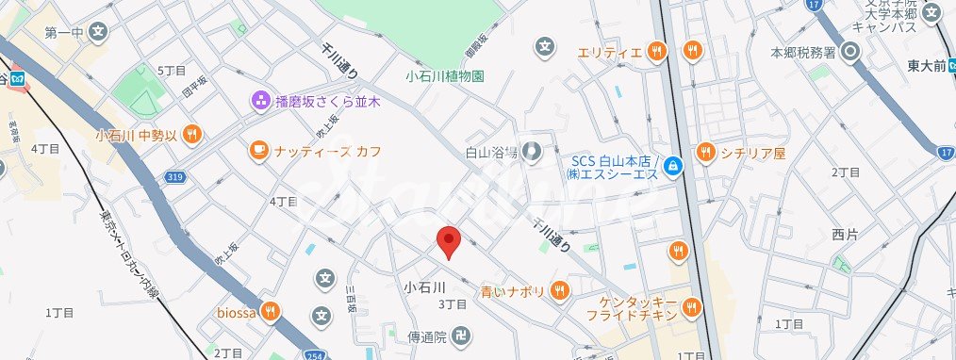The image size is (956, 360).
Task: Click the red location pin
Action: pyautogui.click(x=449, y=241)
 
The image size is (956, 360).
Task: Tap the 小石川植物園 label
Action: pyautogui.click(x=445, y=76)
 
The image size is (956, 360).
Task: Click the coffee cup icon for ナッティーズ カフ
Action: pyautogui.click(x=258, y=150)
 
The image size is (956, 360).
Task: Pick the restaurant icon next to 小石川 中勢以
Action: pyautogui.click(x=192, y=134)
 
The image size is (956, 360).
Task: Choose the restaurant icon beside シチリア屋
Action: pyautogui.click(x=704, y=152)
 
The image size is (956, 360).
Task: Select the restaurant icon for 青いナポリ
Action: pyautogui.click(x=560, y=290)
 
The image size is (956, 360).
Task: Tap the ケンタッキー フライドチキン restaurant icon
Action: pyautogui.click(x=693, y=307)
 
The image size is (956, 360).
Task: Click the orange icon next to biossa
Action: pyautogui.click(x=272, y=311)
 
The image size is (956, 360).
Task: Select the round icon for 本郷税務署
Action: pyautogui.click(x=852, y=52)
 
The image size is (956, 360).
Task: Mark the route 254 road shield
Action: pyautogui.click(x=313, y=353)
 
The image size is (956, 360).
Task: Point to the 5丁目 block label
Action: pyautogui.click(x=171, y=71)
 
